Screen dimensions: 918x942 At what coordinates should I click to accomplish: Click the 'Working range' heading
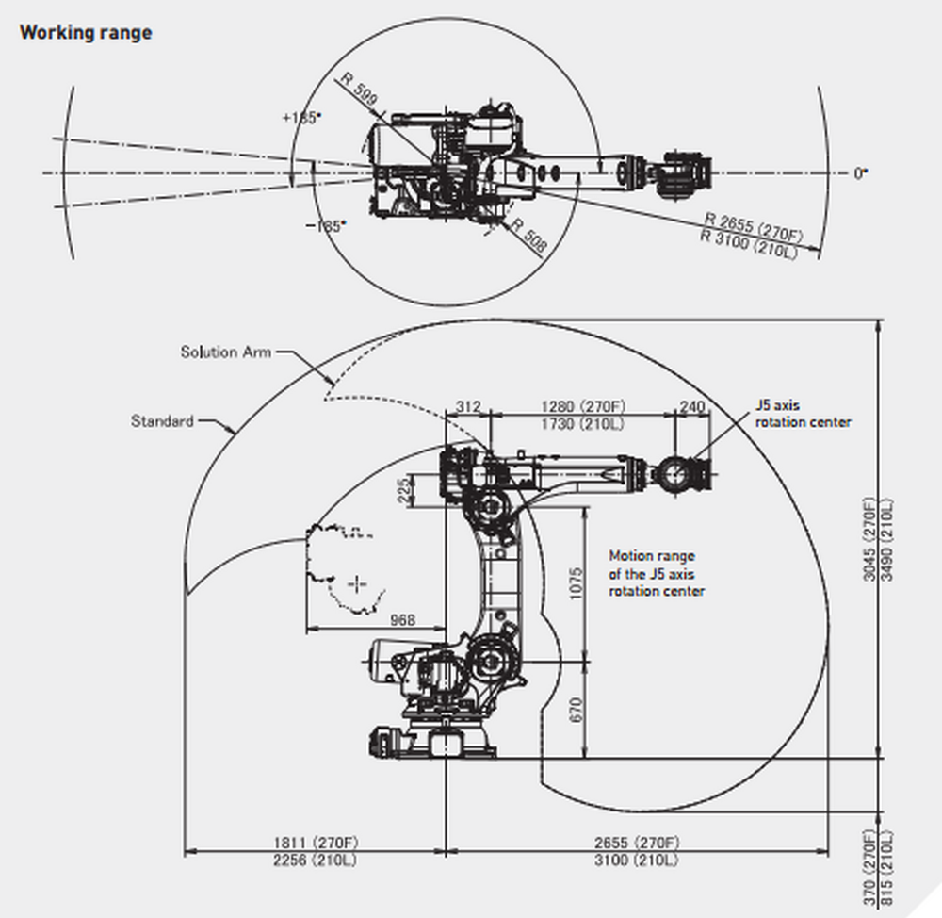(x=86, y=33)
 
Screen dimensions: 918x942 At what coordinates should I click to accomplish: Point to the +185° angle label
(x=301, y=118)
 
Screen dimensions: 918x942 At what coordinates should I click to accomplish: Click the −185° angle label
(x=326, y=225)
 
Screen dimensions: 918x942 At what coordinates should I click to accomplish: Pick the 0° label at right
(x=860, y=173)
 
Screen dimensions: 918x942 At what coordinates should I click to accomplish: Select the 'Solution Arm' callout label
(x=226, y=352)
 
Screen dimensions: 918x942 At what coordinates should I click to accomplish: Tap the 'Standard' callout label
(x=162, y=421)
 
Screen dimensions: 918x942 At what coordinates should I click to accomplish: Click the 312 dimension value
(x=468, y=407)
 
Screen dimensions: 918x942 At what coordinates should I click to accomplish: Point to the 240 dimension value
(x=691, y=407)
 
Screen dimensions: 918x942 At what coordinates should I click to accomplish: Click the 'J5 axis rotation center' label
(x=803, y=414)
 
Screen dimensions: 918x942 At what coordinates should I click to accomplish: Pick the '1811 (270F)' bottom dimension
(x=315, y=843)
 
